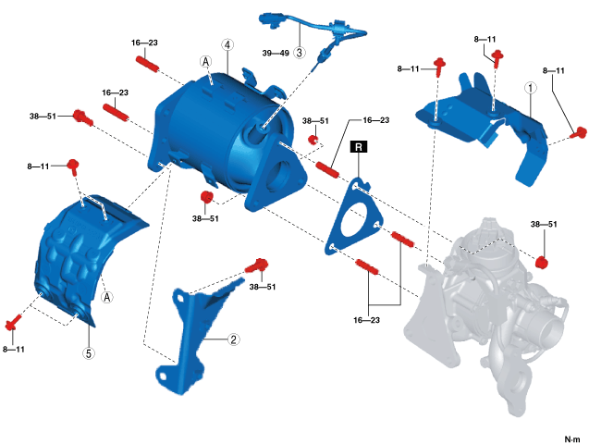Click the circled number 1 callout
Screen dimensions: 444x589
click(x=531, y=89)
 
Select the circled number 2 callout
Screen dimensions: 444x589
click(x=234, y=339)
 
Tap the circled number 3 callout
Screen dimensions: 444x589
click(x=300, y=53)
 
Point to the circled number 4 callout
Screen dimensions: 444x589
click(x=227, y=44)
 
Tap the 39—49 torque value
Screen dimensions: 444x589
click(x=276, y=53)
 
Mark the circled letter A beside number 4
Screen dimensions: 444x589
click(x=207, y=60)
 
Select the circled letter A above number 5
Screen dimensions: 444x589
click(x=107, y=298)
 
